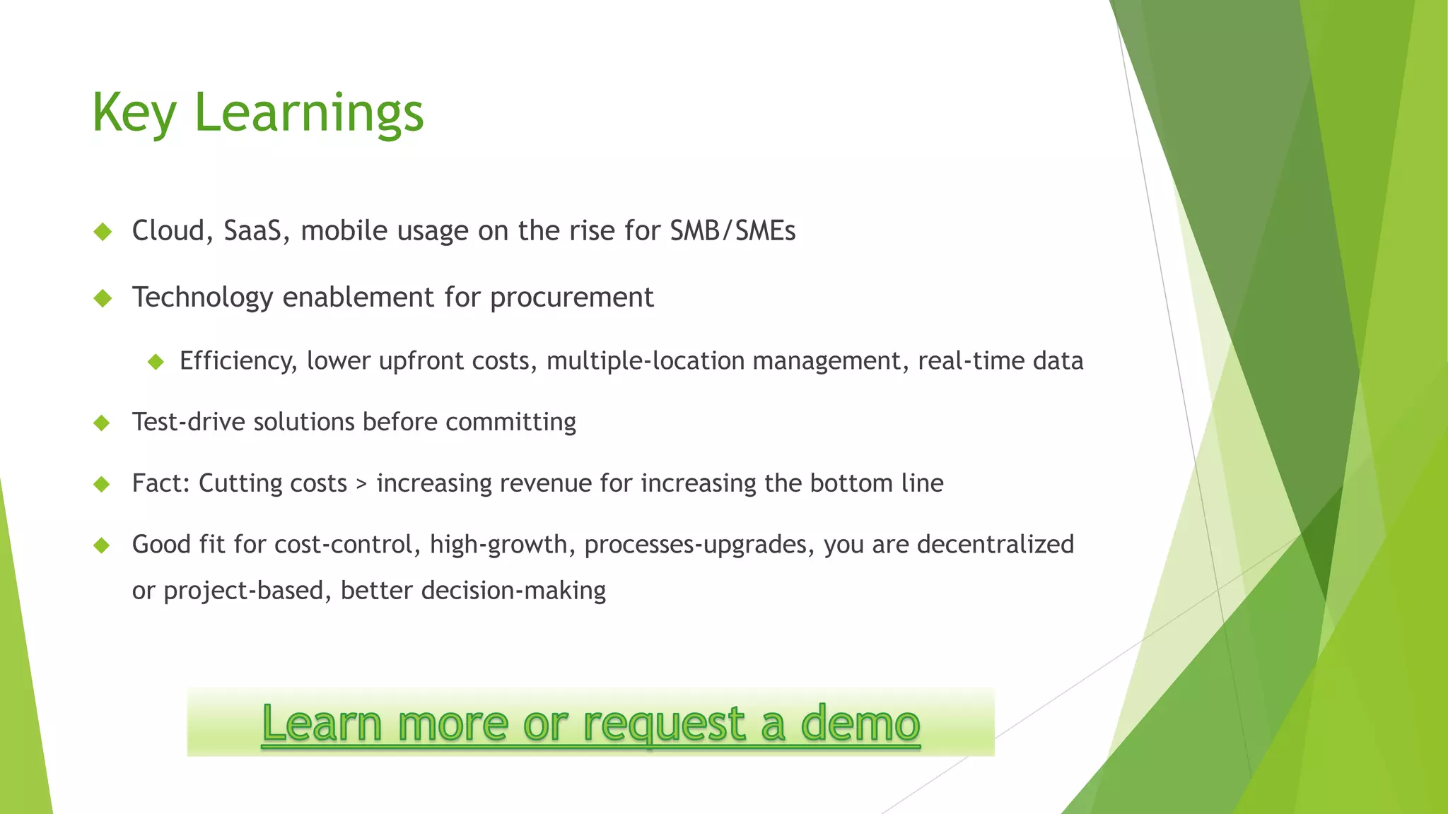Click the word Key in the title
(x=134, y=113)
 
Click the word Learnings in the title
(x=308, y=113)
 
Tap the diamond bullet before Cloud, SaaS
(x=103, y=232)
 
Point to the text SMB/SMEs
(x=732, y=231)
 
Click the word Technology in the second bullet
(x=202, y=297)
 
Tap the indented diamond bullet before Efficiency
(x=156, y=362)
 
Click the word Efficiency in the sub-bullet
(x=238, y=361)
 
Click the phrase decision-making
(x=513, y=590)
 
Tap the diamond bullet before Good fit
(x=103, y=545)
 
